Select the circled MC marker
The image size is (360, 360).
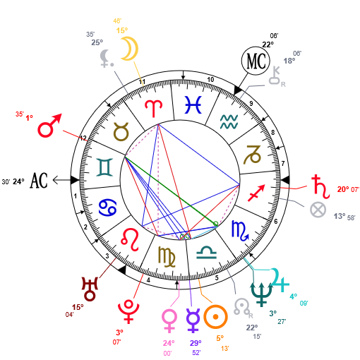point(256,61)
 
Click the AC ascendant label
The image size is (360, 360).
point(39,181)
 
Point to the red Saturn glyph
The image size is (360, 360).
point(320,187)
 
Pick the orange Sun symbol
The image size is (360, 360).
point(215,317)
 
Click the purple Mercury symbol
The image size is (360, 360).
point(193,320)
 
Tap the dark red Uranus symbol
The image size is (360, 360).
point(90,289)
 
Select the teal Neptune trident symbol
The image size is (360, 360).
point(261,295)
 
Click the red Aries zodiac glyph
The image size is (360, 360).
point(154,108)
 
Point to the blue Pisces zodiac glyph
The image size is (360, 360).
point(193,104)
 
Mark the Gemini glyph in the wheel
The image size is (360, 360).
point(104,167)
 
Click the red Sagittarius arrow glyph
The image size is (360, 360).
point(256,193)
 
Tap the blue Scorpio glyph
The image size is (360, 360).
point(240,231)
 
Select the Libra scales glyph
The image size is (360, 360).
point(206,253)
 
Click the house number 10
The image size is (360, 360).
point(210,80)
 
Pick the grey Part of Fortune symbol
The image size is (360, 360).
point(318,210)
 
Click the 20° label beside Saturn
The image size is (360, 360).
point(343,189)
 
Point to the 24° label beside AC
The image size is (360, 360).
point(18,181)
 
